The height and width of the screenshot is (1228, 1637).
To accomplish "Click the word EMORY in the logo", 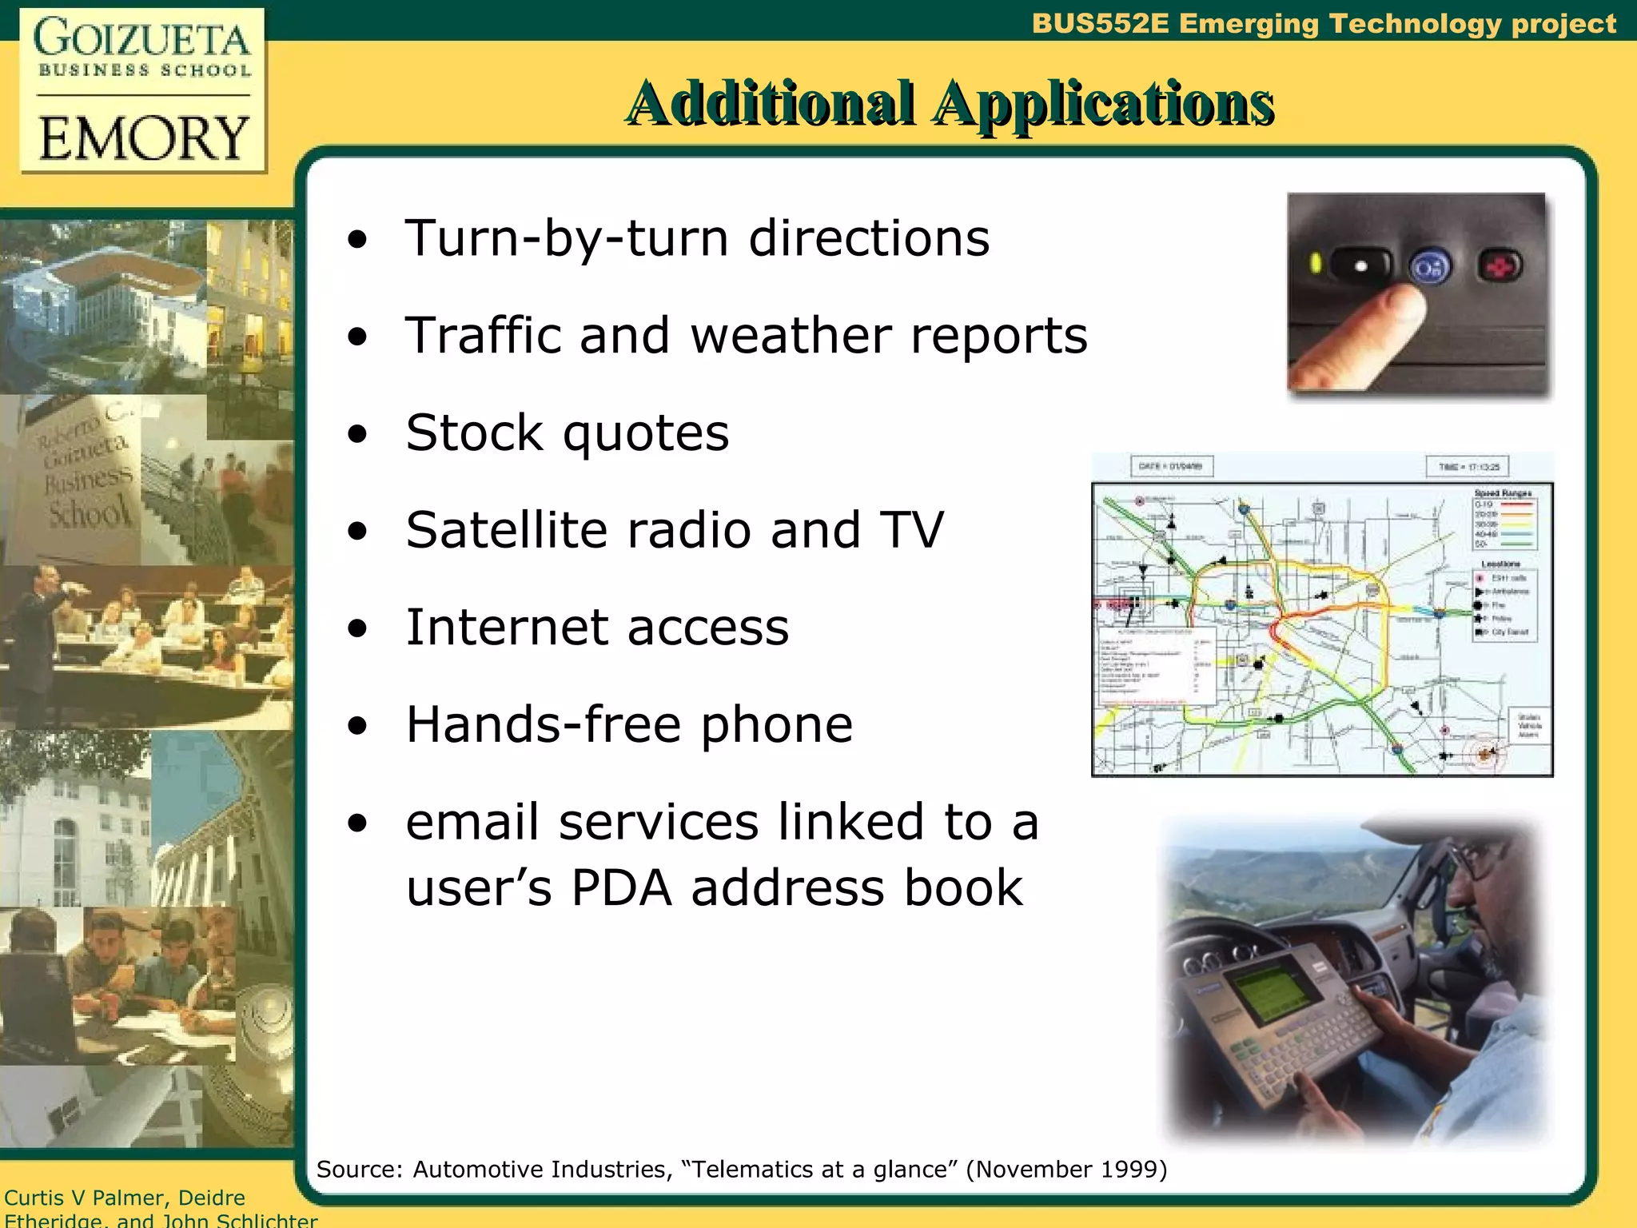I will coord(144,138).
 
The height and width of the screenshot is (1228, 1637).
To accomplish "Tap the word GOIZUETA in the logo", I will coord(142,38).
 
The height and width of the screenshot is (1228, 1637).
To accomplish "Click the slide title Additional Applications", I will coord(949,103).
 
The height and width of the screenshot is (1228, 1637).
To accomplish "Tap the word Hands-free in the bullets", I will coord(543,724).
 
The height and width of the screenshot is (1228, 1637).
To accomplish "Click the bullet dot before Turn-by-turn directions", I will coord(357,239).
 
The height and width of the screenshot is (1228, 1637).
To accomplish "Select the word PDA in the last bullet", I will coord(621,887).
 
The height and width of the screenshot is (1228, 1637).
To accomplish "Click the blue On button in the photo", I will coord(1429,268).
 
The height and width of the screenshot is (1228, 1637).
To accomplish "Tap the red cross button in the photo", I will coord(1500,266).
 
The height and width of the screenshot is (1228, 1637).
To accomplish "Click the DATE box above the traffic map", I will coord(1171,466).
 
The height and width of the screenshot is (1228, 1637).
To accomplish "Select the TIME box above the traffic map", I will coord(1468,467).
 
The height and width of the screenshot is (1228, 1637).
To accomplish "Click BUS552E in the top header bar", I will coord(1100,23).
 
